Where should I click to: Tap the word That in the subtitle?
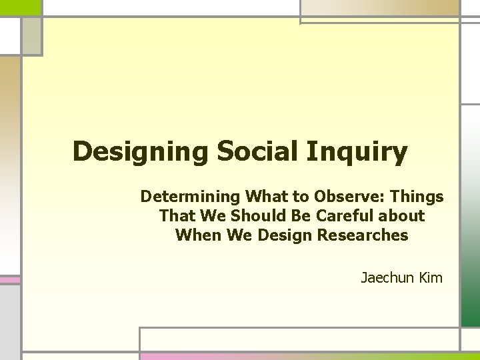point(174,216)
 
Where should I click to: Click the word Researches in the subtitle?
point(370,235)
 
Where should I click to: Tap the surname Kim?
point(431,277)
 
